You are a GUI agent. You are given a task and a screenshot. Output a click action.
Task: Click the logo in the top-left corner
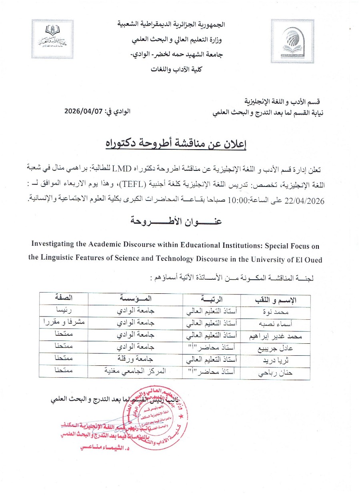click(x=52, y=39)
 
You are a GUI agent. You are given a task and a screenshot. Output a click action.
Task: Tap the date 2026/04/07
click(x=83, y=112)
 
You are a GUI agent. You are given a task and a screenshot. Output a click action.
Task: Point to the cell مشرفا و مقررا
click(x=64, y=322)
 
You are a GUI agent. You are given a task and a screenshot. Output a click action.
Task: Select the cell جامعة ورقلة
click(x=135, y=361)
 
